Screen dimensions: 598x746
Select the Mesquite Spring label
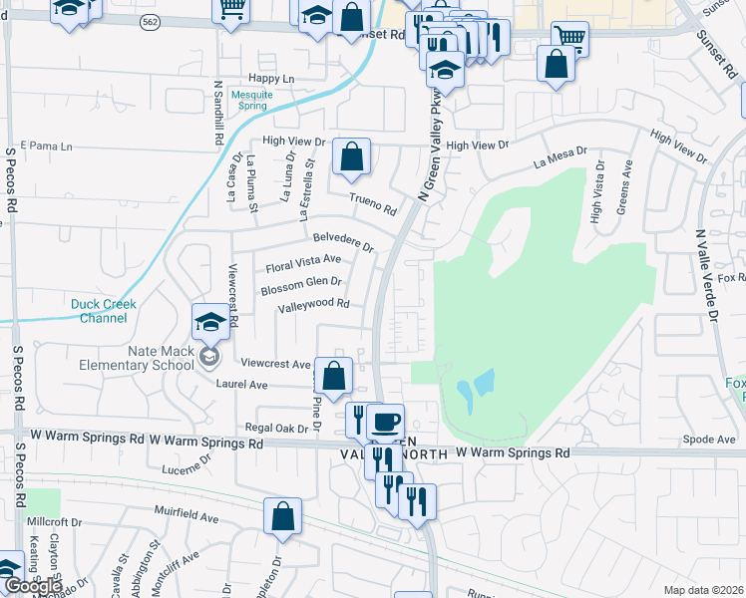(x=251, y=101)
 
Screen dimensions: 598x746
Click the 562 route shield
(x=149, y=23)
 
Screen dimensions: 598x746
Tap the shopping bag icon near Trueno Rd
(x=351, y=156)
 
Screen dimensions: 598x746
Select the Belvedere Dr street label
(x=342, y=241)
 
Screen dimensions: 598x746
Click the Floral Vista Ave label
(x=303, y=264)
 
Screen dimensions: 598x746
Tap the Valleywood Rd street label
(x=313, y=304)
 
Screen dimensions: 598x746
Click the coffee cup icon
(x=385, y=421)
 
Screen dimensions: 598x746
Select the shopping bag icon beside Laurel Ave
(x=334, y=377)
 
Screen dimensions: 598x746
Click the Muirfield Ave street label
(x=186, y=518)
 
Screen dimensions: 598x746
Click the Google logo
(x=33, y=586)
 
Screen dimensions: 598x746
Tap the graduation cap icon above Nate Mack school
(x=209, y=322)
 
